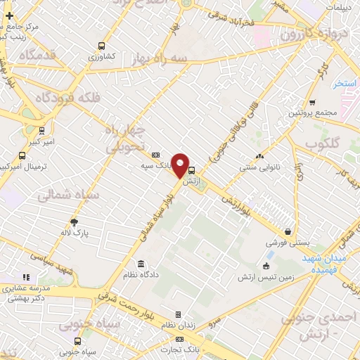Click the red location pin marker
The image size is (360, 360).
181,165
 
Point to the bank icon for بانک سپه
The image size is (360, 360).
155,155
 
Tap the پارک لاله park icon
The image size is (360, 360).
75,222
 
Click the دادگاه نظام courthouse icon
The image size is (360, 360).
141,264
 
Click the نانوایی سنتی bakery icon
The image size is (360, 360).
259,156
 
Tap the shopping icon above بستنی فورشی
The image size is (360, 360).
288,231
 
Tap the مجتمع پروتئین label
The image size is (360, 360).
313,112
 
